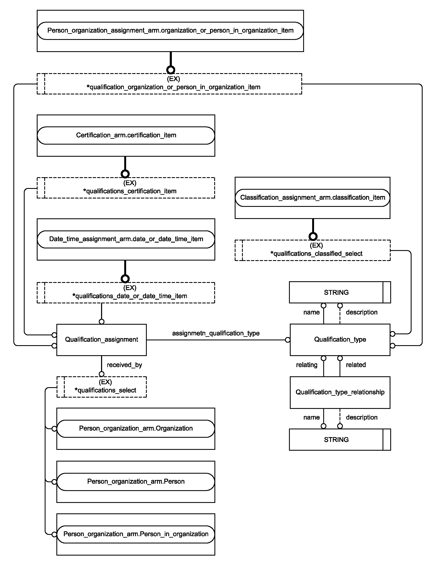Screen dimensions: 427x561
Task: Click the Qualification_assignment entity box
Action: click(101, 340)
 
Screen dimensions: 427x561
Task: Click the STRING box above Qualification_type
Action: click(340, 292)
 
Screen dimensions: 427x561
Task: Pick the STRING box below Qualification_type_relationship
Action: click(340, 439)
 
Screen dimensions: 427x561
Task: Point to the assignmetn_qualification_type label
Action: click(216, 333)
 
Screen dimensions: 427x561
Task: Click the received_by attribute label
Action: click(124, 365)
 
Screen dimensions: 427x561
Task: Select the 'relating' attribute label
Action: click(307, 365)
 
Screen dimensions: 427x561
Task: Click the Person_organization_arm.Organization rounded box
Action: click(136, 429)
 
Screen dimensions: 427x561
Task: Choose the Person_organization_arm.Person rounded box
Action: click(136, 482)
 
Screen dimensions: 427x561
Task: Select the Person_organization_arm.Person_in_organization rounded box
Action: click(136, 534)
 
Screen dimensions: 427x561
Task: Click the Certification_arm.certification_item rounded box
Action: click(126, 135)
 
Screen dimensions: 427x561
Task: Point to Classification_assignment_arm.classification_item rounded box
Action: click(312, 198)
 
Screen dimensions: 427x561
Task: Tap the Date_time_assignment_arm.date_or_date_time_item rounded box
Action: click(126, 239)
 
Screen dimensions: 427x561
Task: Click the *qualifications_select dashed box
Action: click(101, 387)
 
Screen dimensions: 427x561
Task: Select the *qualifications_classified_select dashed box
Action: click(312, 250)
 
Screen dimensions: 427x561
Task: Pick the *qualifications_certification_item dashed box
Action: click(126, 188)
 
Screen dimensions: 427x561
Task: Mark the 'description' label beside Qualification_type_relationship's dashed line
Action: click(361, 417)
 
